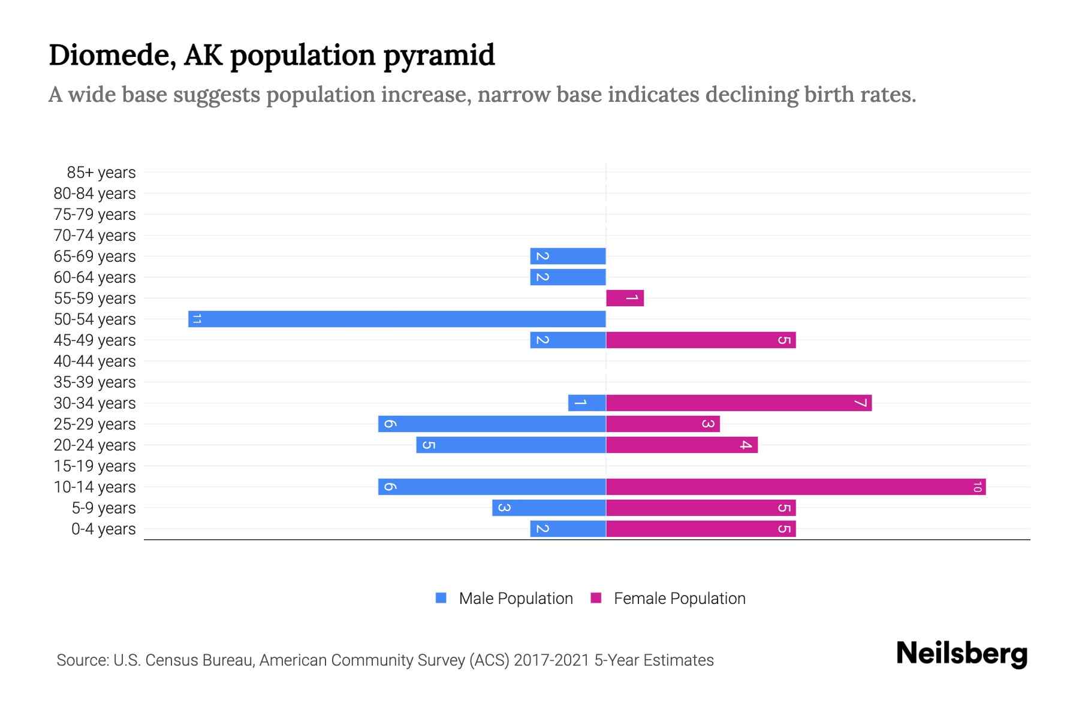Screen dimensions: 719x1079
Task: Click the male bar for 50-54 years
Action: (x=397, y=319)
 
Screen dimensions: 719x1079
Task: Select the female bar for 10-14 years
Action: (x=795, y=487)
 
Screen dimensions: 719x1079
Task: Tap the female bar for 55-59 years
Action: (x=625, y=298)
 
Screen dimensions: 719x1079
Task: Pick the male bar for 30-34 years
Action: (x=587, y=403)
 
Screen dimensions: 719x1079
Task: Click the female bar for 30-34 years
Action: (x=739, y=403)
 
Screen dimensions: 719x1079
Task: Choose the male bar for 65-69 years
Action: (x=568, y=256)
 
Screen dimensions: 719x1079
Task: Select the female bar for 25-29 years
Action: (x=662, y=424)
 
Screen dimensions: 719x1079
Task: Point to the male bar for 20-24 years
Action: (x=511, y=445)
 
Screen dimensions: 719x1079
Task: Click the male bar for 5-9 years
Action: (x=548, y=507)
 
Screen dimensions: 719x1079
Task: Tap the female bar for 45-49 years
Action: (x=700, y=340)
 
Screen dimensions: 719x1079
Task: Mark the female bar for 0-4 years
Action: (x=700, y=528)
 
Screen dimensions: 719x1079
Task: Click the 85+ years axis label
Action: (x=101, y=173)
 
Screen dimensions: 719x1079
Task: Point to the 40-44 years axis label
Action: (x=95, y=361)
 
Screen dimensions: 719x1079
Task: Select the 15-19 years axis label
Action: (x=95, y=466)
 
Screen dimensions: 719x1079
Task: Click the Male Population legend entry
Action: (x=515, y=598)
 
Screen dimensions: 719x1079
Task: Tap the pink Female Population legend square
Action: (x=596, y=598)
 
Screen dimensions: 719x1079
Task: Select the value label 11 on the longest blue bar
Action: (x=197, y=319)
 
